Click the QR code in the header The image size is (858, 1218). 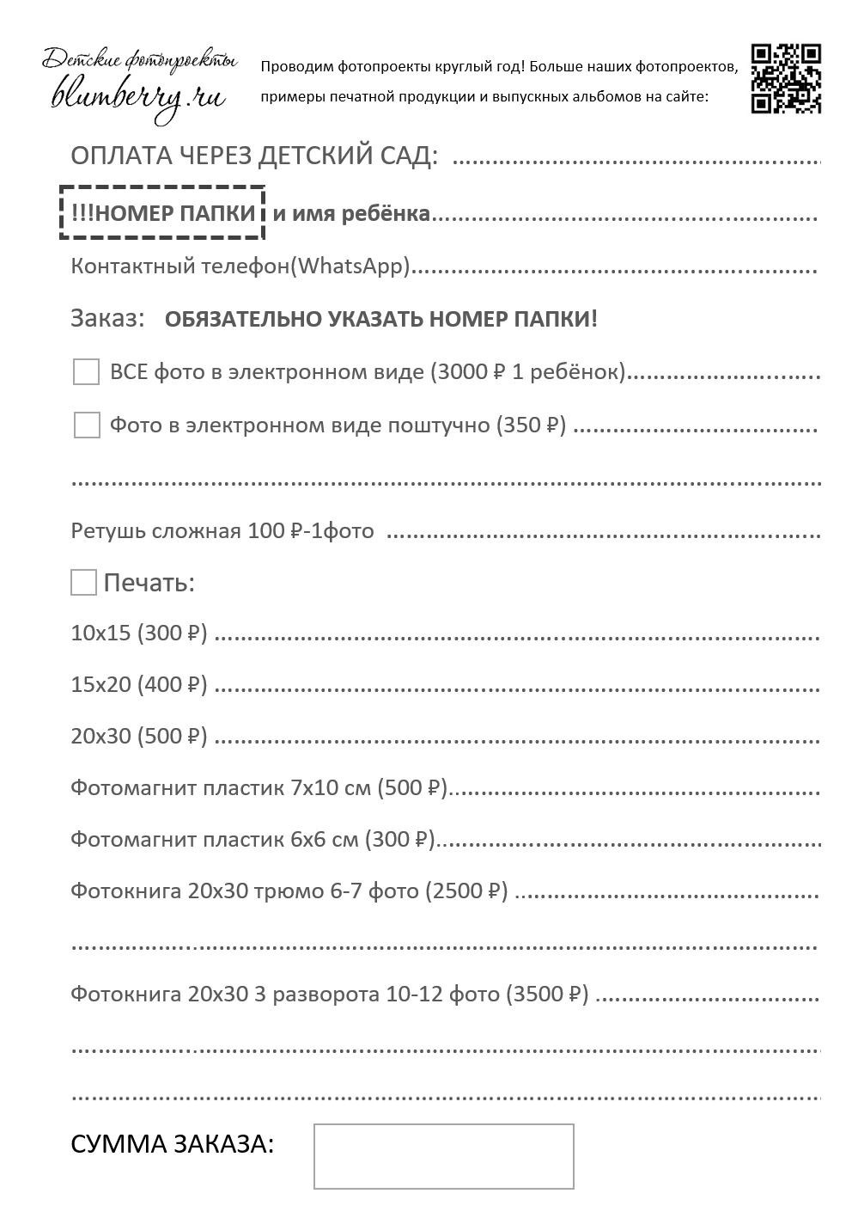785,78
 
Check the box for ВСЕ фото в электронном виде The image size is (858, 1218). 86,372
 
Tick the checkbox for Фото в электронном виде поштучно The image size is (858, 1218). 87,425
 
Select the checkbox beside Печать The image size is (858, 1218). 83,582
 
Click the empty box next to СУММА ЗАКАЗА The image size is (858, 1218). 443,1155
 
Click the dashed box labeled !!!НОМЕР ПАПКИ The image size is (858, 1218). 162,212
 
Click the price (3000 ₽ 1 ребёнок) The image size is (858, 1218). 528,372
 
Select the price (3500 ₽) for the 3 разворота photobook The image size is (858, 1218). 548,995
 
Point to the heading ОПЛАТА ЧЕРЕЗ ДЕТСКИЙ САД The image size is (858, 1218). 254,156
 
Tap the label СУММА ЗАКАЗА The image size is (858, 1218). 173,1144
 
